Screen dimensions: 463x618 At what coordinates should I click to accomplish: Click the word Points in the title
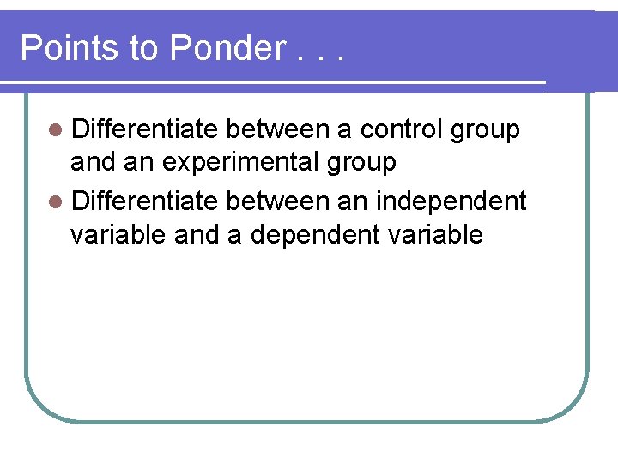coord(68,48)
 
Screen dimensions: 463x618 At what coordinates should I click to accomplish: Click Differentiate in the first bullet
coord(144,129)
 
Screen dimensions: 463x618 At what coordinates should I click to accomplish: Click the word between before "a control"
coord(277,129)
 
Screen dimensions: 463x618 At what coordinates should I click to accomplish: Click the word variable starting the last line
coord(118,234)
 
